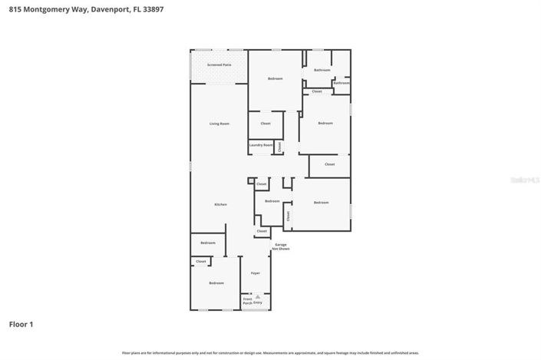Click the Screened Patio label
tap(219, 64)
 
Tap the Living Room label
tap(219, 124)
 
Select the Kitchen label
tap(220, 204)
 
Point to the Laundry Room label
tap(261, 145)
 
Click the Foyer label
tap(255, 273)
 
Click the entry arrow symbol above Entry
tap(258, 296)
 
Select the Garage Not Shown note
tap(280, 247)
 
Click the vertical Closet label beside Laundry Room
tap(279, 146)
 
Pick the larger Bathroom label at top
tap(322, 70)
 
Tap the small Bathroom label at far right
tap(341, 82)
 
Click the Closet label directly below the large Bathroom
tap(317, 91)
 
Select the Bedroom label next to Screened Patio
tap(275, 79)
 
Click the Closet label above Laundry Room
tap(266, 124)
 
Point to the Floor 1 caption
tap(21, 325)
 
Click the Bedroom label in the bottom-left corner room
tap(216, 283)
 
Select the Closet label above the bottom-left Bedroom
tap(201, 262)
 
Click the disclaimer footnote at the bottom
tap(270, 352)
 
